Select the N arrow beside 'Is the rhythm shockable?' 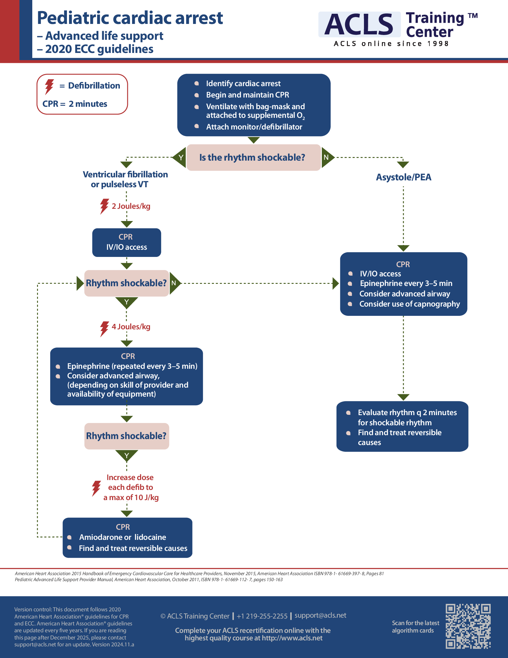tap(327, 157)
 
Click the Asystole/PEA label tap(403, 177)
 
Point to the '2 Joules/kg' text tap(131, 206)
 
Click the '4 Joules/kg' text tap(131, 327)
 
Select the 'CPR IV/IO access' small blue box tap(126, 242)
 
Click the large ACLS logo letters tap(359, 25)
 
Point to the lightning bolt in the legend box tap(49, 86)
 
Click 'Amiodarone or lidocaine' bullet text tap(123, 537)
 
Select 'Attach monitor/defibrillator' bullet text tap(254, 127)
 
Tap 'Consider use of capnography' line tap(409, 304)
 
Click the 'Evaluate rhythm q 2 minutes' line tap(407, 412)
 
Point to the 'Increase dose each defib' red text tap(130, 487)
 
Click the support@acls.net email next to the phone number tap(320, 615)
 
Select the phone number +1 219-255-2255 tap(262, 616)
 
